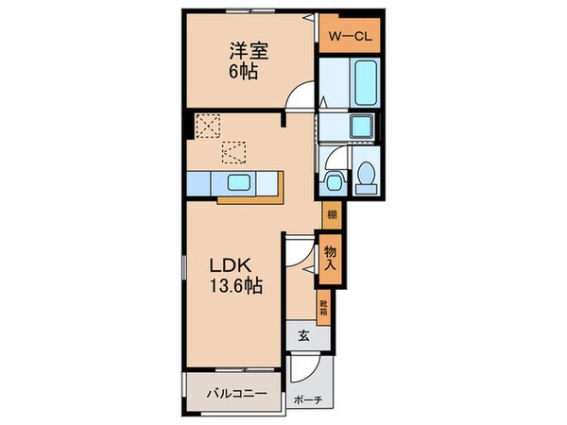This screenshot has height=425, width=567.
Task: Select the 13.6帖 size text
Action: click(x=236, y=283)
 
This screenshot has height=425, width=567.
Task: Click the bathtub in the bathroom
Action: click(x=364, y=84)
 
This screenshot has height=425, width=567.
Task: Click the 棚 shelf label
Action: click(x=331, y=215)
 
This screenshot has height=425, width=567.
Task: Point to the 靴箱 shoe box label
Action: click(x=323, y=306)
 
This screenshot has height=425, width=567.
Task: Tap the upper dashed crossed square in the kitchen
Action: click(x=207, y=125)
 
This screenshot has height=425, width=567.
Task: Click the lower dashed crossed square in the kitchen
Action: click(x=233, y=150)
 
